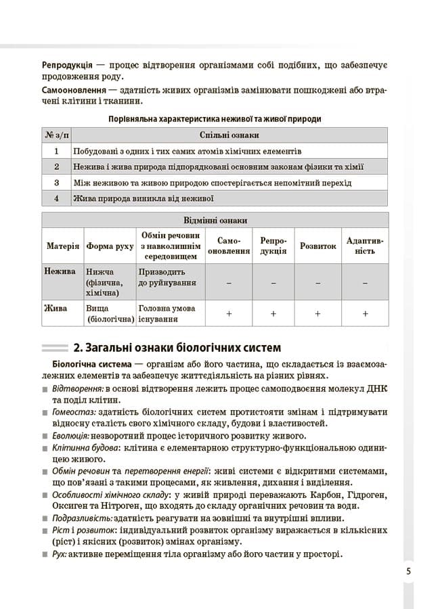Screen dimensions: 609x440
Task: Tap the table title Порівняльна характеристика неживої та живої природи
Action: pos(215,118)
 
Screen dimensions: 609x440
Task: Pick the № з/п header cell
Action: pos(56,135)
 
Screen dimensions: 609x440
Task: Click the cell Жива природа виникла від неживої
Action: pos(144,199)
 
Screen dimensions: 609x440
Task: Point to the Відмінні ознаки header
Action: pos(215,221)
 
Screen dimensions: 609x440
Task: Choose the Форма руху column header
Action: pos(110,246)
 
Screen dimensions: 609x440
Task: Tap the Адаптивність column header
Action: pos(365,246)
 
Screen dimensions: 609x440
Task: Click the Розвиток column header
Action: pos(317,246)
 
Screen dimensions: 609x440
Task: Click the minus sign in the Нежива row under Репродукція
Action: pos(273,283)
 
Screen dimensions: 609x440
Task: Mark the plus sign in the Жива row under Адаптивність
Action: pos(365,313)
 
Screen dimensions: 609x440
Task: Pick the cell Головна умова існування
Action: pos(167,313)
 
